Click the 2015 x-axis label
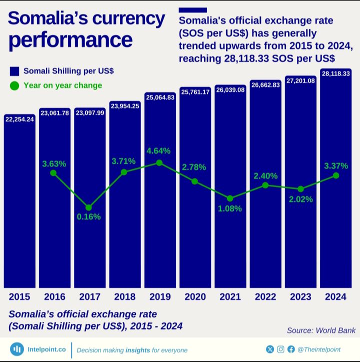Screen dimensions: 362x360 [x=19, y=297]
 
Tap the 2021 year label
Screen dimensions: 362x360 [x=230, y=297]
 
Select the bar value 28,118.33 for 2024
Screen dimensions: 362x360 [x=335, y=74]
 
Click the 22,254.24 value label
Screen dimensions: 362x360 [x=19, y=119]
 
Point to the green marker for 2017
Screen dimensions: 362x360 [x=88, y=207]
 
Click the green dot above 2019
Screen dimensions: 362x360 [x=159, y=163]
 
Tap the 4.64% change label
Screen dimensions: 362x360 [x=158, y=151]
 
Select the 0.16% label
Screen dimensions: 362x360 [x=89, y=217]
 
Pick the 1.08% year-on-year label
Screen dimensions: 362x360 [x=230, y=208]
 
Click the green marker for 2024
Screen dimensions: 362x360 [x=336, y=175]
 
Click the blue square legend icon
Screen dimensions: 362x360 [x=14, y=71]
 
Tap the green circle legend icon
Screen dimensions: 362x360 [x=14, y=86]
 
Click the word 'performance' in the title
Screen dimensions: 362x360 [x=70, y=40]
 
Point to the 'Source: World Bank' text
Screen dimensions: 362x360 [x=321, y=330]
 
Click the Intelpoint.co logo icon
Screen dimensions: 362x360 [x=17, y=349]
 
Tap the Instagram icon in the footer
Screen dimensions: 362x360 [x=280, y=349]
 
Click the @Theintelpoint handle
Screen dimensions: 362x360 [x=318, y=349]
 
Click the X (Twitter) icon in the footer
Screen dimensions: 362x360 [x=270, y=349]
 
